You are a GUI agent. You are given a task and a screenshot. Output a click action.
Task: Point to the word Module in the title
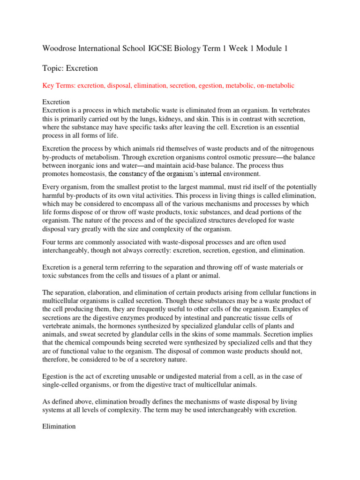click(x=257, y=48)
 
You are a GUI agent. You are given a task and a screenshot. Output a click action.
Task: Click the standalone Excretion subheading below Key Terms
click(x=56, y=102)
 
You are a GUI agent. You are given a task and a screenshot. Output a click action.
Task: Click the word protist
click(x=157, y=187)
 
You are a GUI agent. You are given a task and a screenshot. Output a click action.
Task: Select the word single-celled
click(x=66, y=385)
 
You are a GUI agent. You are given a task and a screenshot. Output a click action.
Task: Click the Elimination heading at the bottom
click(x=59, y=427)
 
